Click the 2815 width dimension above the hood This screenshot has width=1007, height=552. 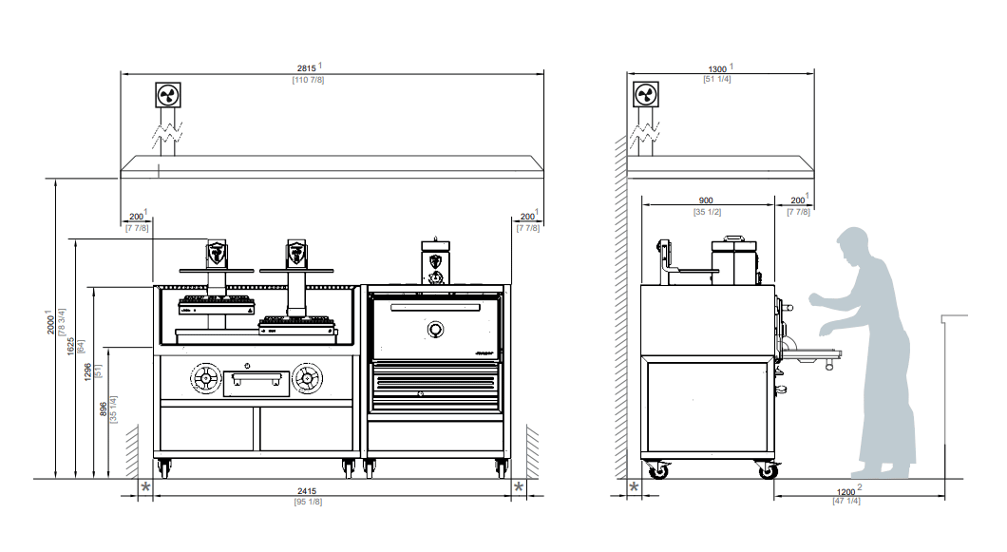coord(306,68)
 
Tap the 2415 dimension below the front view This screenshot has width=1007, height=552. coord(307,491)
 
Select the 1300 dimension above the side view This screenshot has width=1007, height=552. coord(717,69)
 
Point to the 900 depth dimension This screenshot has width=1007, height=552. coord(706,200)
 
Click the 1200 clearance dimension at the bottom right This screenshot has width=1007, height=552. coord(845,492)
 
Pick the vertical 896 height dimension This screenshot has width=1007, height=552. coord(103,409)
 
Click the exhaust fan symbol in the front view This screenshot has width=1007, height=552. coord(168,95)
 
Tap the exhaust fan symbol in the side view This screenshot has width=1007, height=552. coord(646,95)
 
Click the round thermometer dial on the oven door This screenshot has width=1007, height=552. coord(435,330)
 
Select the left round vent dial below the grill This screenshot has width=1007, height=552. coord(206,378)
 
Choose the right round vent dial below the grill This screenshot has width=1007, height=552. coord(308,378)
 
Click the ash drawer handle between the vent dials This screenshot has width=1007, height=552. coord(256,380)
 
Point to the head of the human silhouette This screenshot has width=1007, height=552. coord(853,242)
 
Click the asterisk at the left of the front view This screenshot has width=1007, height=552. coord(145,487)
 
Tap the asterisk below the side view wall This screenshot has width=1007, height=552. coord(634,487)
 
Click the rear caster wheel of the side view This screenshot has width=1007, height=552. coord(658,472)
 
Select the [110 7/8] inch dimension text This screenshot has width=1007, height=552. coord(308,81)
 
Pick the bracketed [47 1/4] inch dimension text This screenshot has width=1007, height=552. coord(846,501)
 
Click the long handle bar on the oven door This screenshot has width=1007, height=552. coord(435,308)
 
